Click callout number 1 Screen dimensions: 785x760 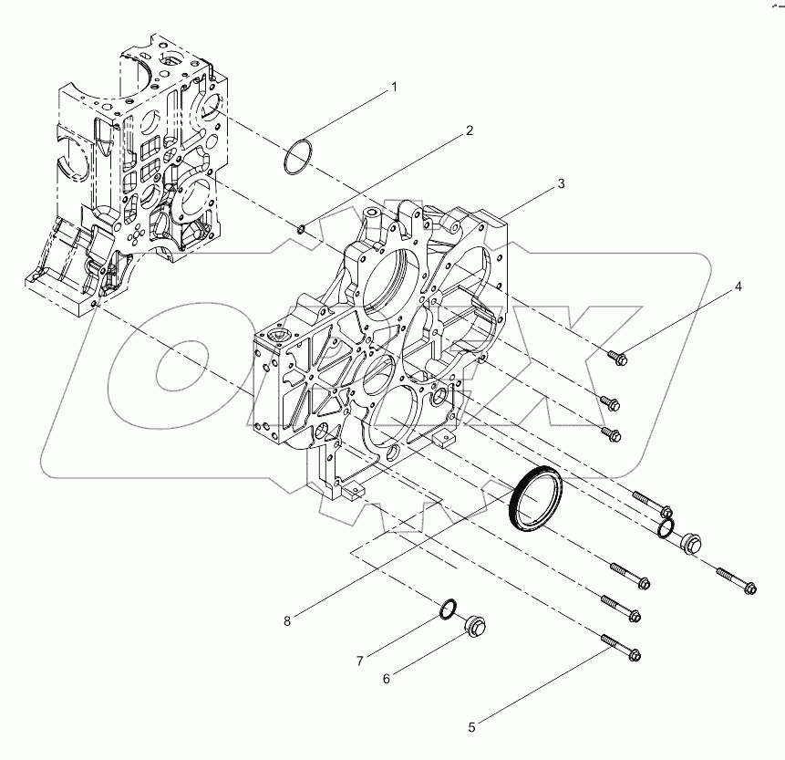pos(395,87)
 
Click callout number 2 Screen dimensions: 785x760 pos(470,130)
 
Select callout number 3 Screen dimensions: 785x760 pos(561,183)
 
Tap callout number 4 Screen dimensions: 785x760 pos(739,286)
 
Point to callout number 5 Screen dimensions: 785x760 pos(471,727)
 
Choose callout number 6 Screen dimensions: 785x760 pos(386,679)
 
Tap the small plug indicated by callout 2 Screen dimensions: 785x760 pos(302,227)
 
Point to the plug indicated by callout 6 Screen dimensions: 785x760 pos(475,626)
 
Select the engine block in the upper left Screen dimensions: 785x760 pos(137,173)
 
